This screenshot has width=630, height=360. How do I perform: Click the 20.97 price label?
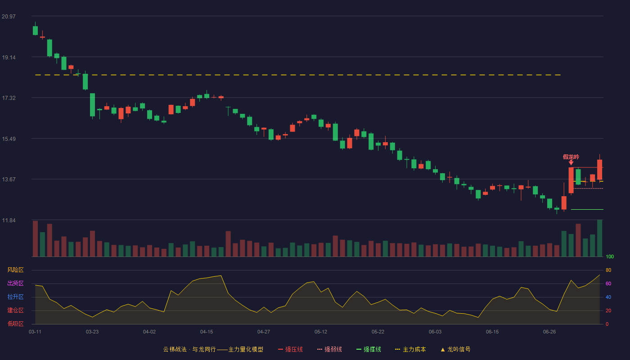tap(9, 17)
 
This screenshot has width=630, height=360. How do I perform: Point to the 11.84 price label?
tap(9, 220)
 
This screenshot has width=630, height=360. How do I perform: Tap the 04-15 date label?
tap(207, 332)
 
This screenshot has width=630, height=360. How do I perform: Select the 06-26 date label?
tap(549, 332)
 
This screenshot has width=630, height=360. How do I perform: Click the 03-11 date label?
tap(35, 332)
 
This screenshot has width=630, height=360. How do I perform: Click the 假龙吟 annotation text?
tap(571, 157)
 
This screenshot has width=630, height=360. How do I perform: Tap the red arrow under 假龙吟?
tap(571, 162)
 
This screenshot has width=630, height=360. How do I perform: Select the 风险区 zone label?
tap(15, 270)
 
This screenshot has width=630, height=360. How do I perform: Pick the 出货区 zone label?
tap(15, 283)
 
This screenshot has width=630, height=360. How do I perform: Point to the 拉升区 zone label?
tap(15, 297)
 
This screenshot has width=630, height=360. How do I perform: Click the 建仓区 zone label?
tap(15, 310)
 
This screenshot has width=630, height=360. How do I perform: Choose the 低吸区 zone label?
tap(15, 324)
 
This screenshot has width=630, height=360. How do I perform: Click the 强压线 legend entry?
tap(290, 349)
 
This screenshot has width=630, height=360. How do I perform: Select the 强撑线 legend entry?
tap(369, 349)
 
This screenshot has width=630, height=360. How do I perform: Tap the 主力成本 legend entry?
tap(410, 349)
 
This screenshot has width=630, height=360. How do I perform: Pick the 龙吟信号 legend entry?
tap(455, 349)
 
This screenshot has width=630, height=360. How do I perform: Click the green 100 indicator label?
tap(610, 256)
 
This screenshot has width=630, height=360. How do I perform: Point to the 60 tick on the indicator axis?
tap(608, 283)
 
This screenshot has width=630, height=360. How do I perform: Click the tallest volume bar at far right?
tap(599, 238)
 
